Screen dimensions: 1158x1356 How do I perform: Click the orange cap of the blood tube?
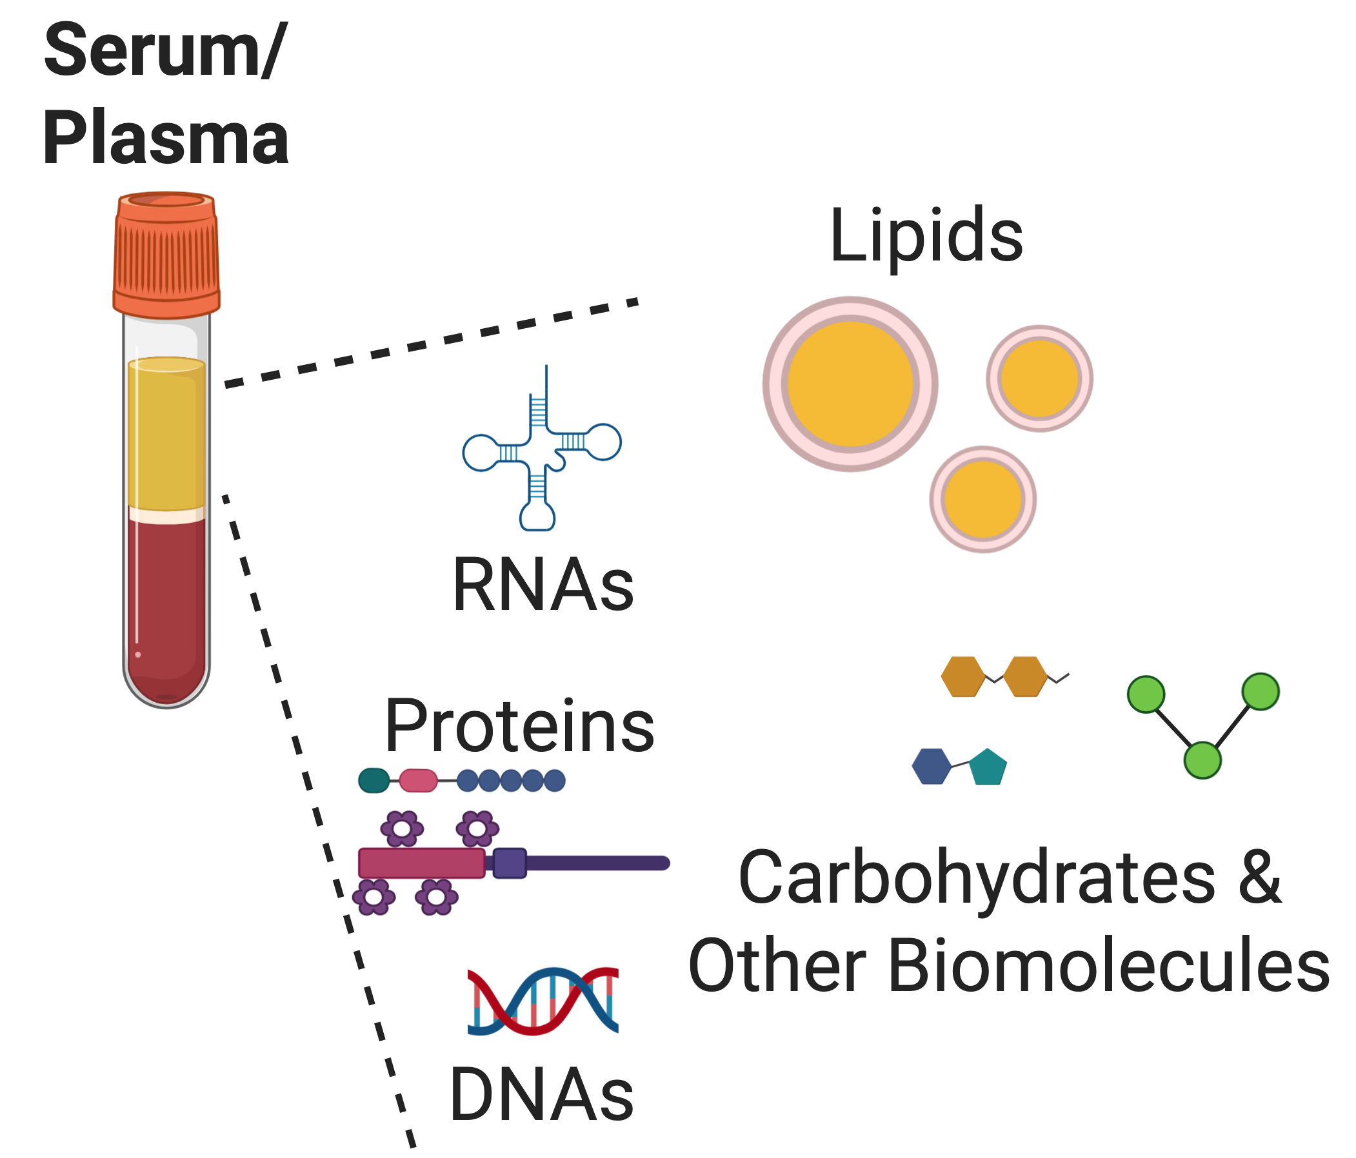pos(166,255)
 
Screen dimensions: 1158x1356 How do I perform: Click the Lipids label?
pos(925,235)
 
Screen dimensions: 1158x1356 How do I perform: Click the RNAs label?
pos(543,585)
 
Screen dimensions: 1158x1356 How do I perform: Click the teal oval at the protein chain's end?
pos(374,781)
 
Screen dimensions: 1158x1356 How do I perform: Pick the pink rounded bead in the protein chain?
pos(417,781)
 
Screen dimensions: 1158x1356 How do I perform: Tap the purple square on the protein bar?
pos(509,863)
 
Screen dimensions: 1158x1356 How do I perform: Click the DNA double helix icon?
pos(543,1001)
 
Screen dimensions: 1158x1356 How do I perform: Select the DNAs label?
pos(541,1094)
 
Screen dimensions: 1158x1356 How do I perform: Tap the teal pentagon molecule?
pos(988,768)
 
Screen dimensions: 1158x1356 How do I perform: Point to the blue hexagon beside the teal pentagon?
pos(932,766)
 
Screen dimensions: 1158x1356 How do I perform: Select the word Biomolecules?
pos(1109,966)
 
